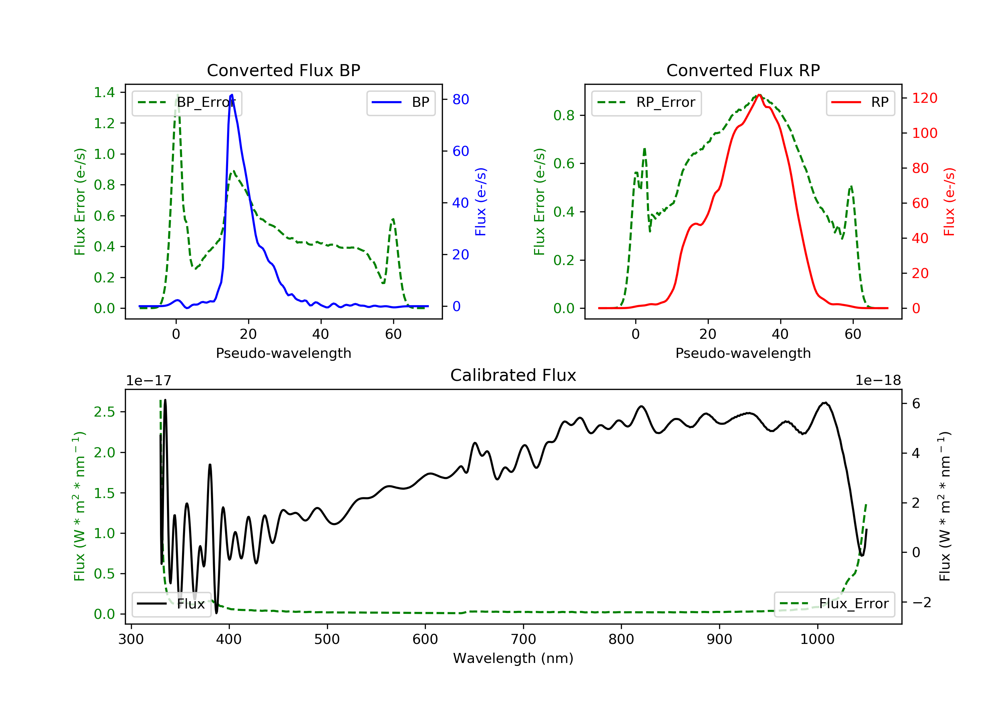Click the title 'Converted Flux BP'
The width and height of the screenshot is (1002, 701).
point(283,70)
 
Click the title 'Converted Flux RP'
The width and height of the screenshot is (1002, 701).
point(743,70)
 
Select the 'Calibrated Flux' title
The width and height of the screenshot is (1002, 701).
point(513,375)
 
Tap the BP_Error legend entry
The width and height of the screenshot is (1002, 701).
point(186,102)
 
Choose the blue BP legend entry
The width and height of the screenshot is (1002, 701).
point(400,102)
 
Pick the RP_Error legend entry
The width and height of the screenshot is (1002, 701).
point(646,102)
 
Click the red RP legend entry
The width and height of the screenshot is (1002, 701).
point(860,102)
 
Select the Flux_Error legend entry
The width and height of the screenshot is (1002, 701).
point(834,604)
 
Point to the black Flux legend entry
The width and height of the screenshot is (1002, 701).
point(171,604)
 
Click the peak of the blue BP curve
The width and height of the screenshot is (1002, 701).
point(232,95)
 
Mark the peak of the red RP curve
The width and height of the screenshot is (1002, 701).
point(760,95)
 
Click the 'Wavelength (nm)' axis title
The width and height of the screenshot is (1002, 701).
point(513,658)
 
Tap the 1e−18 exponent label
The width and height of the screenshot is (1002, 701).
point(878,381)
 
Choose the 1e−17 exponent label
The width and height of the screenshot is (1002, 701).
point(149,381)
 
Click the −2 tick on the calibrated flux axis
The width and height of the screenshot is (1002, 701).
point(922,603)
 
